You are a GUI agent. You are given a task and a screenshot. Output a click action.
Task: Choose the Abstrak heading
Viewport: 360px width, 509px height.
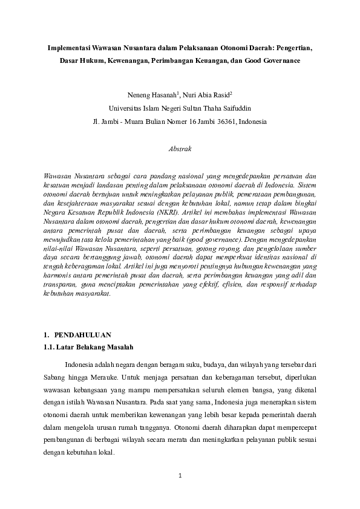180,148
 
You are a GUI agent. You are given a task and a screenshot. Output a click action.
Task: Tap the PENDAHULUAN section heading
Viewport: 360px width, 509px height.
80,334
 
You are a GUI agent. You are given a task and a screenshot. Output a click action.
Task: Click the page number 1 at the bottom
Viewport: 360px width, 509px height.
180,476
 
